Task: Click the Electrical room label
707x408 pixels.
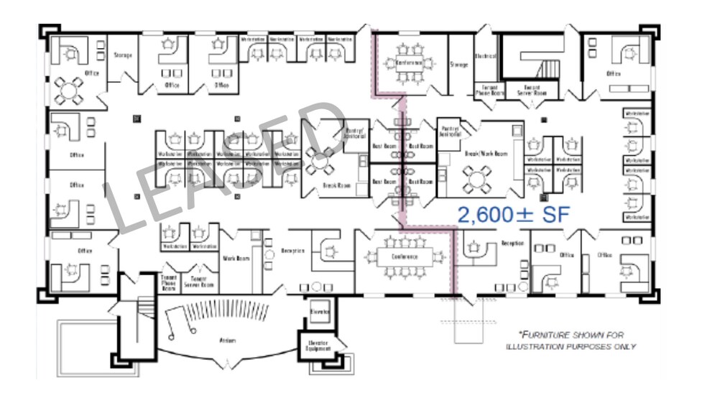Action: click(486, 57)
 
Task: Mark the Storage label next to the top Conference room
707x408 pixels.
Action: click(459, 65)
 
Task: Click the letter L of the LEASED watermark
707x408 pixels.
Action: click(126, 208)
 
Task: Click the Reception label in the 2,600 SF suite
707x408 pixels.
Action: click(512, 244)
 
